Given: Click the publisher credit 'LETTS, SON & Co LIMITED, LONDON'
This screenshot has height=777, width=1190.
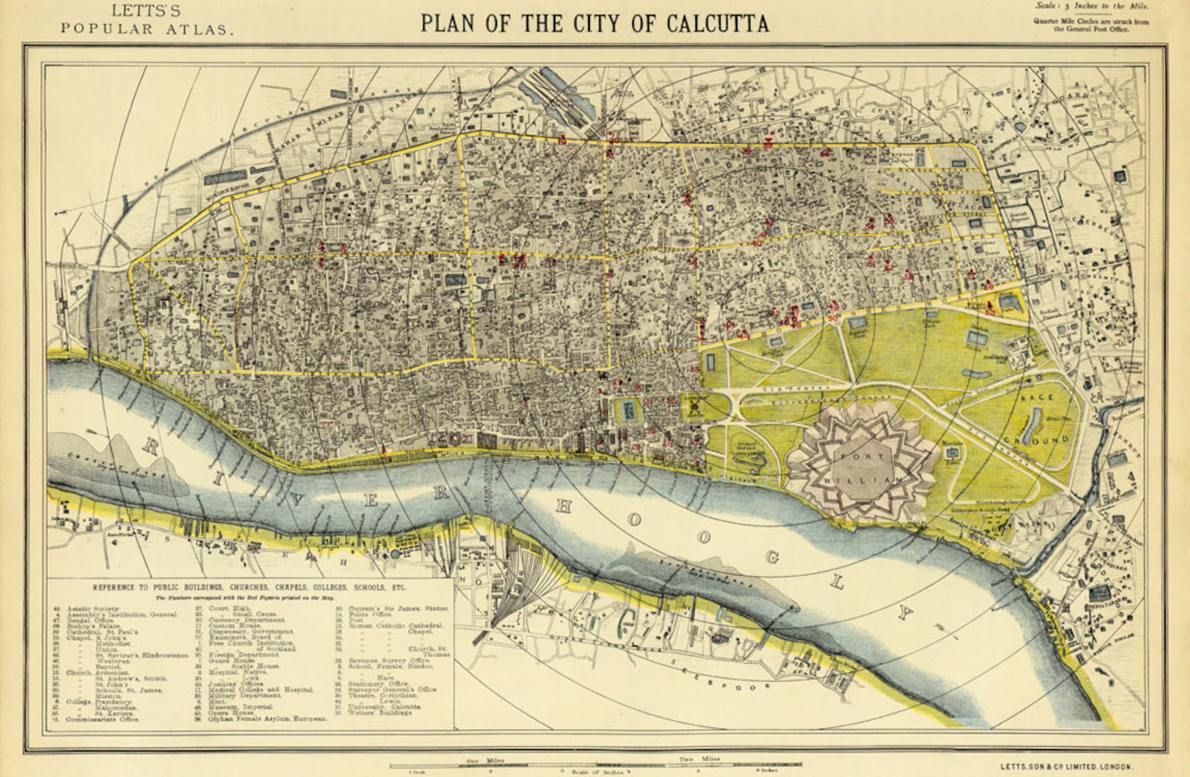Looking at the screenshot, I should click(1066, 767).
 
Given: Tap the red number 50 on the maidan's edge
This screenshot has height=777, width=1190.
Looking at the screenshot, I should click(833, 320).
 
